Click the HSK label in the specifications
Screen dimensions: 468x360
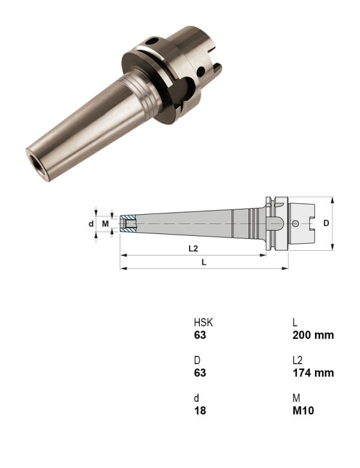pos(203,323)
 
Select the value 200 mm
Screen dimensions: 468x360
pos(313,335)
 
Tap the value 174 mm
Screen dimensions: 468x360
pos(312,373)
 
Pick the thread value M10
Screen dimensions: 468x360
pos(303,411)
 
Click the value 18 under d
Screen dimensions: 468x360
pos(199,411)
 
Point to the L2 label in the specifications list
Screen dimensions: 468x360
pos(297,361)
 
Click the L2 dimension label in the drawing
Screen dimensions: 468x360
pos(193,248)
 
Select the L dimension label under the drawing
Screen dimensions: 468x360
pos(204,262)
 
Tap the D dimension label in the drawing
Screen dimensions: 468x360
pos(326,223)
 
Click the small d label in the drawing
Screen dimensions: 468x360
pos(91,224)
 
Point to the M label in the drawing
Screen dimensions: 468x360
pos(106,224)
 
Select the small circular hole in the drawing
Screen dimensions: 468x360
pos(295,224)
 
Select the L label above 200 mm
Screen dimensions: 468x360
pos(295,323)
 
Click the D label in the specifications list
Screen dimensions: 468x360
pos(196,361)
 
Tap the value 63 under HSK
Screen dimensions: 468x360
pos(199,335)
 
